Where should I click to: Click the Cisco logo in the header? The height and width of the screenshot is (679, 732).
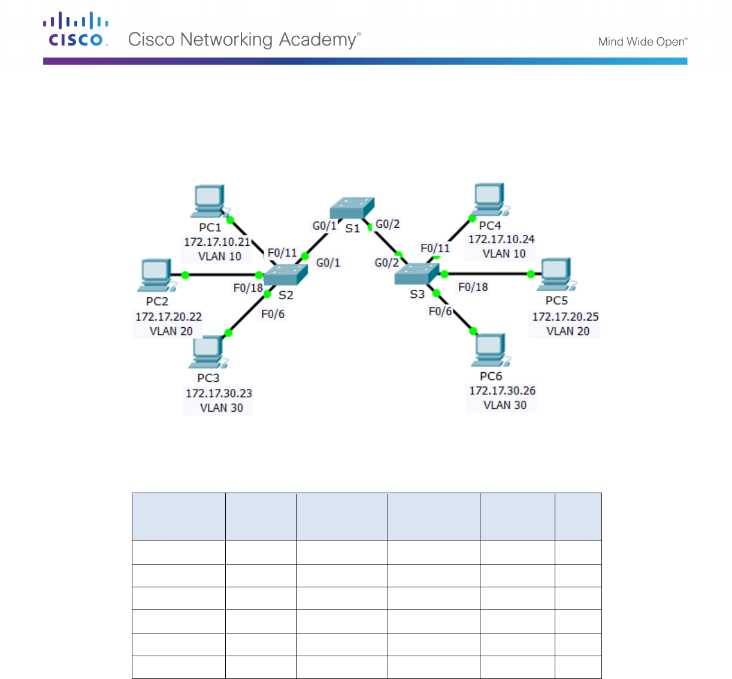(75, 30)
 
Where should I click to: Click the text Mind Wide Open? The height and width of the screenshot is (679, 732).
(642, 41)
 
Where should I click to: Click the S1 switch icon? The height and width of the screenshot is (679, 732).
(352, 208)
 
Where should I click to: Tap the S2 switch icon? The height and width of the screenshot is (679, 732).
(285, 275)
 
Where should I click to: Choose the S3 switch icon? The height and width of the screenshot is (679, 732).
(417, 274)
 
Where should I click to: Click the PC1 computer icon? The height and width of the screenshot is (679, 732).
(209, 201)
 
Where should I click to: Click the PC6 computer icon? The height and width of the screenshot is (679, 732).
(491, 349)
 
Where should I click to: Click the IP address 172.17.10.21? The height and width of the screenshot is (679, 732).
(217, 242)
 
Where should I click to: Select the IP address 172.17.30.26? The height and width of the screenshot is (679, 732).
(502, 391)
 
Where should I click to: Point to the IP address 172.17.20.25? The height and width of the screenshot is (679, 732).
(565, 316)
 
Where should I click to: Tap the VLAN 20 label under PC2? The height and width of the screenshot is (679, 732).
(171, 331)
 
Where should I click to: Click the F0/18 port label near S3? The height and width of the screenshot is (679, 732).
(473, 287)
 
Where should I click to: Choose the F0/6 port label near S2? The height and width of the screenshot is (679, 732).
(273, 314)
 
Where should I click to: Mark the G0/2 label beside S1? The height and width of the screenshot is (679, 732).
(388, 224)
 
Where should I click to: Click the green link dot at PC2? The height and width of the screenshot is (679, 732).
(185, 275)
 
